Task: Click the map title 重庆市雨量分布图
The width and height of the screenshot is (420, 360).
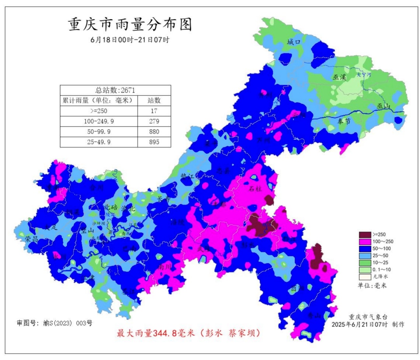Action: click(130, 25)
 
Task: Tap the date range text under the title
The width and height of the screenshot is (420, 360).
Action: click(130, 40)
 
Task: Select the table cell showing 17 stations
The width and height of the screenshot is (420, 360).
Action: click(154, 111)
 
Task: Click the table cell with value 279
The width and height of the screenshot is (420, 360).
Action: click(154, 121)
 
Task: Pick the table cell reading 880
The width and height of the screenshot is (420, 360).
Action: click(154, 132)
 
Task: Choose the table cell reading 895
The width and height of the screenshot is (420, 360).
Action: click(154, 142)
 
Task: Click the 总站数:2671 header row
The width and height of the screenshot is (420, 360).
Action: click(115, 90)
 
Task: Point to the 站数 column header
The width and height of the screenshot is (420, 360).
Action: click(154, 100)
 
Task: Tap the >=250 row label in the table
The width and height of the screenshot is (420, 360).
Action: click(99, 111)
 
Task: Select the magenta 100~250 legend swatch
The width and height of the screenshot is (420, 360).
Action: click(364, 242)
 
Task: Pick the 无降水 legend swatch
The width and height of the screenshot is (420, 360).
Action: click(364, 276)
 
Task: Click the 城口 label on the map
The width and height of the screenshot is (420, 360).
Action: click(294, 42)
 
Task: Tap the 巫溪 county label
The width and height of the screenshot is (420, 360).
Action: click(339, 77)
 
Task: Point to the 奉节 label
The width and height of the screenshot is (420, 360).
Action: click(344, 121)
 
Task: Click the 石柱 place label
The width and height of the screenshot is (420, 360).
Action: click(255, 189)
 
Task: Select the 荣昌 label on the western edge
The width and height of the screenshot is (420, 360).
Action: click(31, 239)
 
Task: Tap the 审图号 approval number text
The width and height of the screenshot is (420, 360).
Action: click(54, 323)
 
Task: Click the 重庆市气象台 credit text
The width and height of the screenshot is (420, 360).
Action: click(368, 317)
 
